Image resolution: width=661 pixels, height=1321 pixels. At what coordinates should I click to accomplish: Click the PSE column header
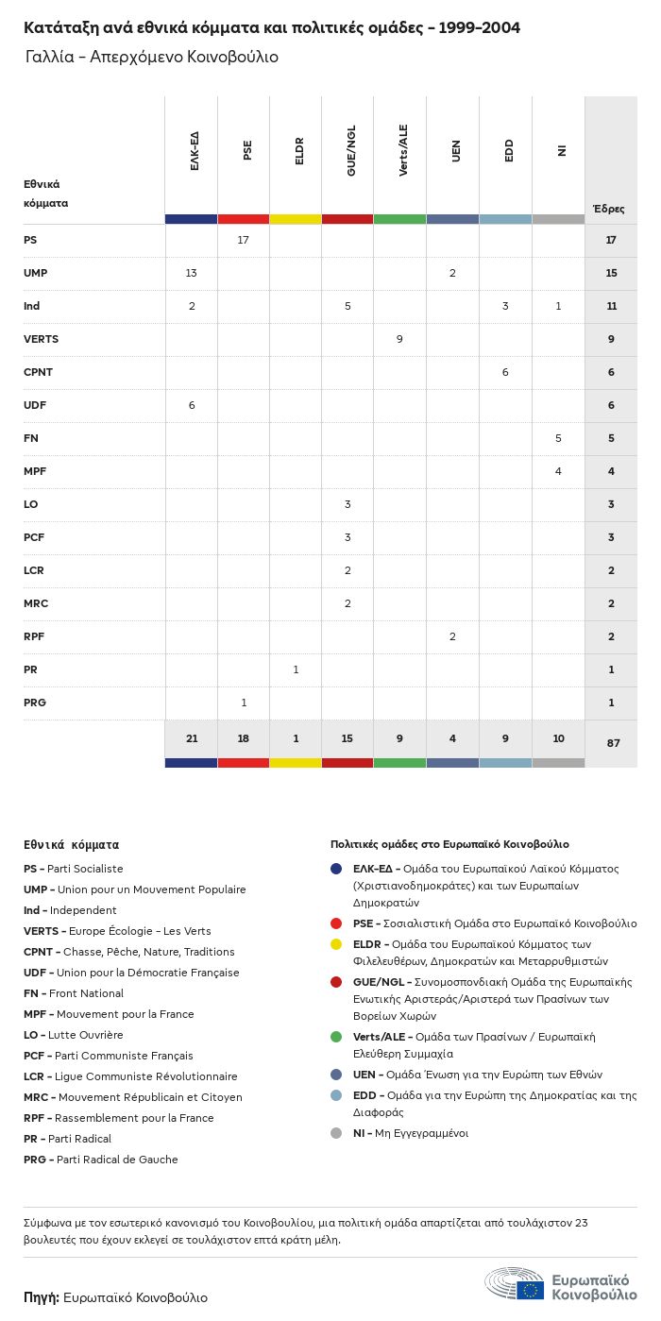(x=247, y=150)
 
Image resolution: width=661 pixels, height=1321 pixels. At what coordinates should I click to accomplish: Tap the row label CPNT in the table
(x=38, y=372)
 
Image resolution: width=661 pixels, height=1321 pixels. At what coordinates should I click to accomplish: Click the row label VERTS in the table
(x=41, y=339)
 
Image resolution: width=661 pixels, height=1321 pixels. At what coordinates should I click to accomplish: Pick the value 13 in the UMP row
(x=192, y=273)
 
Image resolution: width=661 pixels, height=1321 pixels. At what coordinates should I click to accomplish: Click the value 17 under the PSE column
(x=244, y=240)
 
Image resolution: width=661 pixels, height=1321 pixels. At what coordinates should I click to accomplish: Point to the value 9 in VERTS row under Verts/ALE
(x=400, y=339)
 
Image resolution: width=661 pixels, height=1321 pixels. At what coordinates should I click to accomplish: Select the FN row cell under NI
(x=558, y=438)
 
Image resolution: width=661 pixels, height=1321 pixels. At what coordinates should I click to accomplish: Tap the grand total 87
(x=613, y=743)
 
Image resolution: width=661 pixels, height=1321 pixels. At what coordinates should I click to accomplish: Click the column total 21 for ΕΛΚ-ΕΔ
(x=192, y=738)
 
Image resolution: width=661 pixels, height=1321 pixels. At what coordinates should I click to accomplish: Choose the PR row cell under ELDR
(x=296, y=669)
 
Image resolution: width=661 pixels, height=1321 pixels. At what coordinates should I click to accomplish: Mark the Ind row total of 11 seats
(x=611, y=306)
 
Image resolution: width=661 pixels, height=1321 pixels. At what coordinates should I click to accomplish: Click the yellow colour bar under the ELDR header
(x=296, y=219)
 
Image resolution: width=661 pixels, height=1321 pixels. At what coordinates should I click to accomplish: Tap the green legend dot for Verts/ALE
(x=336, y=1037)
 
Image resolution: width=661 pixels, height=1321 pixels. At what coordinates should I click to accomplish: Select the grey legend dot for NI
(x=336, y=1133)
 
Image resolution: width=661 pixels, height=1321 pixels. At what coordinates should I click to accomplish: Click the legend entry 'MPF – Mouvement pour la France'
(x=109, y=1014)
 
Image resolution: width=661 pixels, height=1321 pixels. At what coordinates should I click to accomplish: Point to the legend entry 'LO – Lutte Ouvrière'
(x=74, y=1035)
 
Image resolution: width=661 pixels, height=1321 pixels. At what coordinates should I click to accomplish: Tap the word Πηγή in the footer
(x=42, y=1297)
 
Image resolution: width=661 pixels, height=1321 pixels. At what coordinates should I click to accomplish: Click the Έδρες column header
(x=609, y=209)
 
